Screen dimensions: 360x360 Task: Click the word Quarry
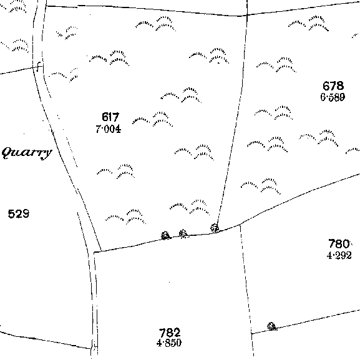(27, 153)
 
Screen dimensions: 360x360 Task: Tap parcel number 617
(110, 117)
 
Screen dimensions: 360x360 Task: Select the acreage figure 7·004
(108, 129)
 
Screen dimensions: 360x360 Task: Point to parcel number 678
(333, 86)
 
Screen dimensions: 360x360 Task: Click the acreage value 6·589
(333, 97)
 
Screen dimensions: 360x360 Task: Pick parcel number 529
(19, 214)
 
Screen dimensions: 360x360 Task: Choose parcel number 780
(339, 243)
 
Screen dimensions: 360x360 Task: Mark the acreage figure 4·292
(339, 255)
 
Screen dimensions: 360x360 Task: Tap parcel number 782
(170, 333)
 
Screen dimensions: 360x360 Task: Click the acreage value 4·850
(169, 343)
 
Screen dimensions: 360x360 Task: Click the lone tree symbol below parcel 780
(272, 326)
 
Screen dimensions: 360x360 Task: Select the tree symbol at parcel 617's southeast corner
(215, 228)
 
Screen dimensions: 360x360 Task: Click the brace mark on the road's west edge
(39, 67)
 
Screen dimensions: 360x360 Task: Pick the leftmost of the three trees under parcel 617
(165, 236)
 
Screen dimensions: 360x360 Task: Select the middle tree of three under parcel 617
(183, 233)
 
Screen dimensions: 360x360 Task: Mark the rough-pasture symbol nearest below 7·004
(115, 172)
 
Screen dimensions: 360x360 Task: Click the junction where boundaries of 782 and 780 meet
(240, 225)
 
